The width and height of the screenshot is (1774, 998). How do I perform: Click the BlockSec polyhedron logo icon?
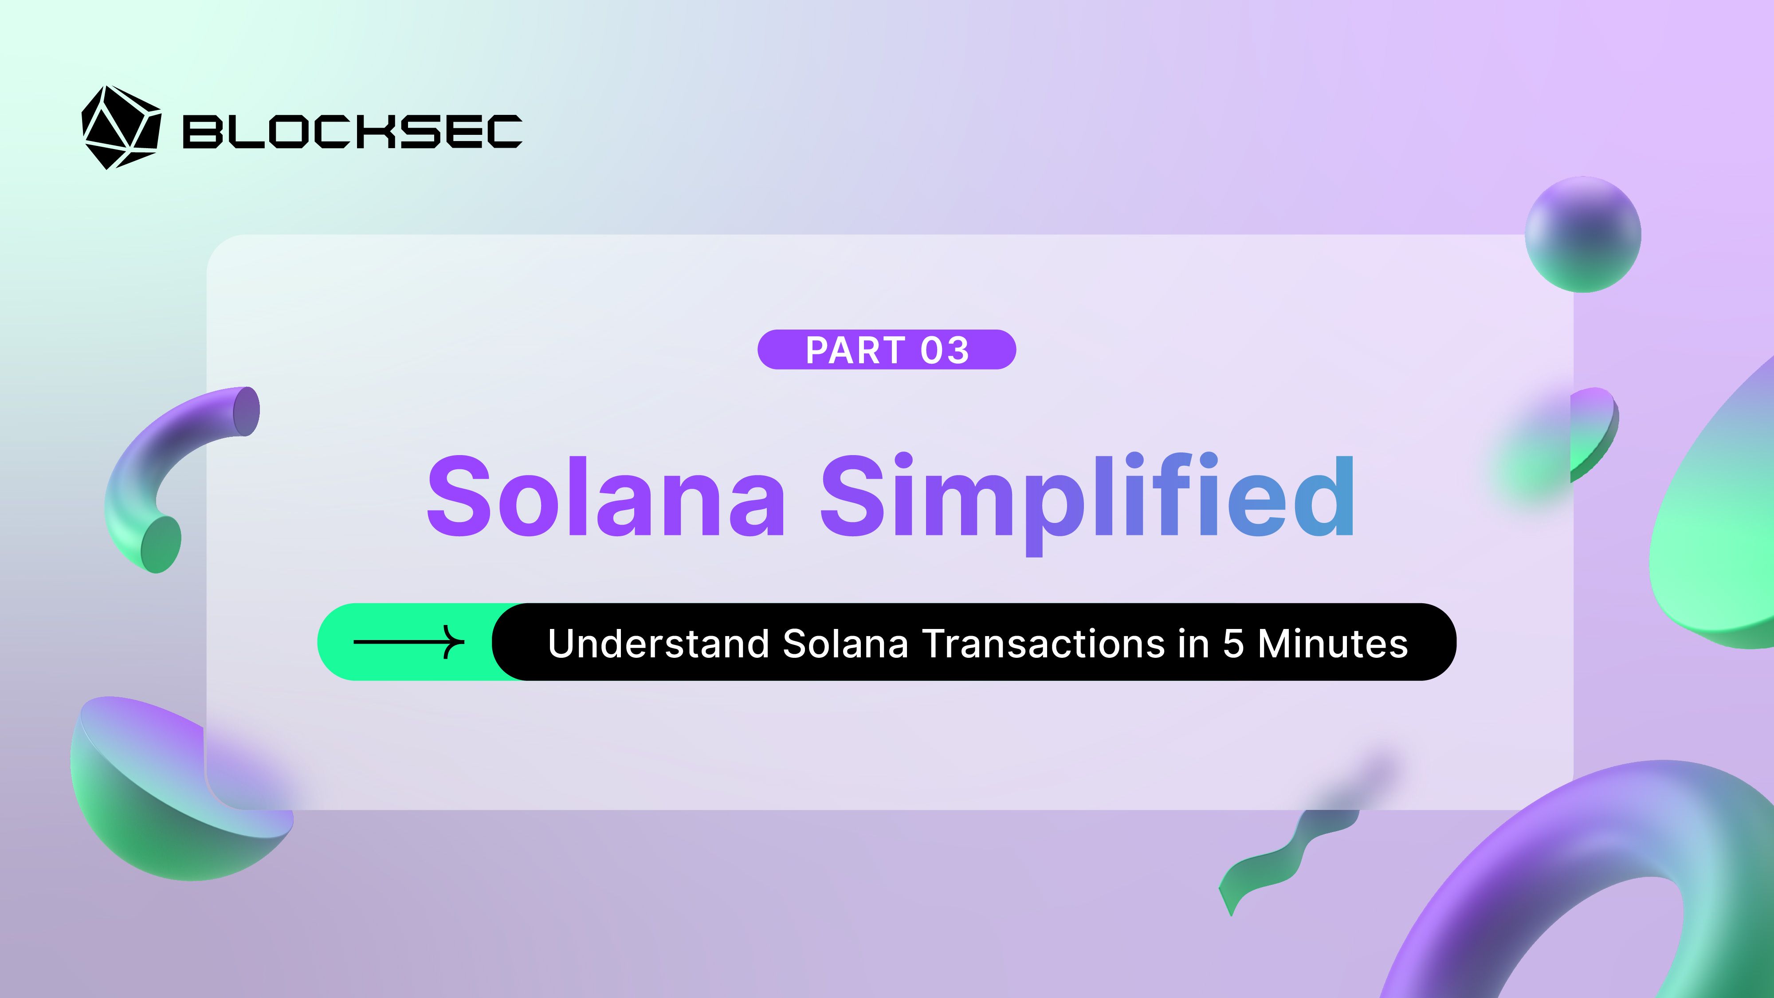tap(121, 127)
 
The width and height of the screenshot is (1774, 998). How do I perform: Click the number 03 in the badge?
tap(944, 350)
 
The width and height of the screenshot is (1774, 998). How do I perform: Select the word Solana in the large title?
tap(605, 496)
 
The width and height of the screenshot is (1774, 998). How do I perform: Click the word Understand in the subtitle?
tap(658, 643)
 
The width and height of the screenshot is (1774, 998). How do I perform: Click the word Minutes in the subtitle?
tap(1333, 643)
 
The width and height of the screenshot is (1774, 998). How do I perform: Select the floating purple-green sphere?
tap(1582, 234)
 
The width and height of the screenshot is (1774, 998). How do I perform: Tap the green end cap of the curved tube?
tap(161, 544)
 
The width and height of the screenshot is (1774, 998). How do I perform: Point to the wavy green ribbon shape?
tap(1274, 861)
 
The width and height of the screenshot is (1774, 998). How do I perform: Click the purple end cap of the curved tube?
tap(247, 411)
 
